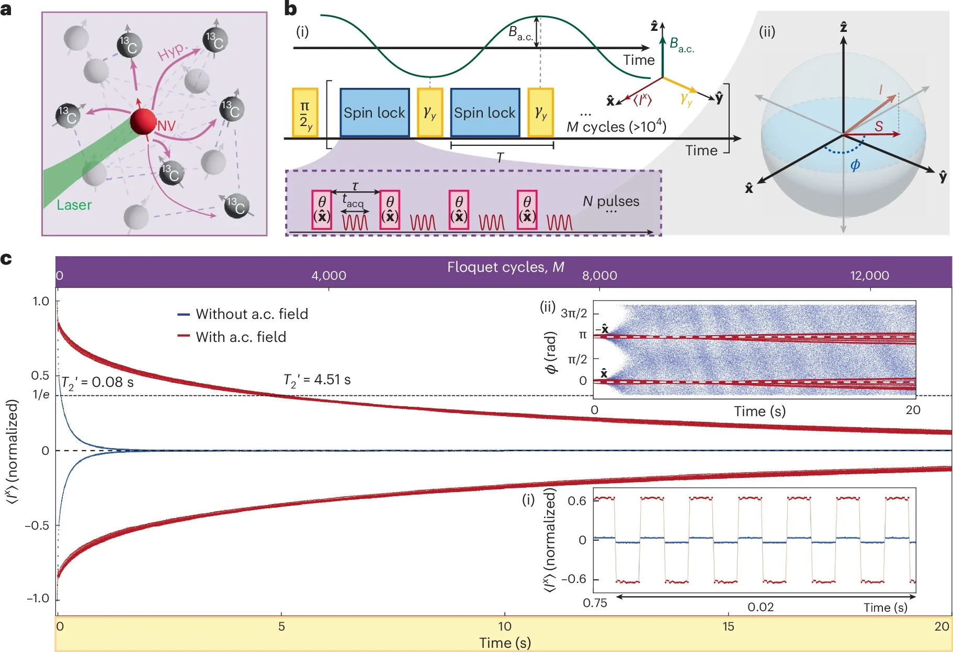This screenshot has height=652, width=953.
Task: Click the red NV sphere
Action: coord(143,121)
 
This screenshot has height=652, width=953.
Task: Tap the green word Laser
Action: coord(74,205)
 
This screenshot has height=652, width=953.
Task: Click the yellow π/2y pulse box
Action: coord(305,113)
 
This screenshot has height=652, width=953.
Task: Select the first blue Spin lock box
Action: coord(375,112)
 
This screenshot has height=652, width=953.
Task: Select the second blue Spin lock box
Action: coord(485,112)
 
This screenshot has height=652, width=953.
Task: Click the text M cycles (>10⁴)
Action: coord(616,127)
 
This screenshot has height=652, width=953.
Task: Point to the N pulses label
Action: coord(611,201)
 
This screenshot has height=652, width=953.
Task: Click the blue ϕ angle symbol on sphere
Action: coord(855,165)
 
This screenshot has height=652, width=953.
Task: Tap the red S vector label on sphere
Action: coord(879,126)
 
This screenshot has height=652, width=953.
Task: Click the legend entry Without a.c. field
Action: coord(252,314)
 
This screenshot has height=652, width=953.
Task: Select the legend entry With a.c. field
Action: coord(241,337)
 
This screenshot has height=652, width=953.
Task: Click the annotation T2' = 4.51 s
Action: coord(317,380)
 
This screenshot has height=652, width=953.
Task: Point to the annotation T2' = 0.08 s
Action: coord(97,383)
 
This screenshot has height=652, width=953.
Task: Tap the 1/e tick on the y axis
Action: coord(41,395)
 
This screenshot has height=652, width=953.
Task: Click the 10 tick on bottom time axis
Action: coord(505,626)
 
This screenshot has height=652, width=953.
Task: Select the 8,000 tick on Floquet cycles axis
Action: coord(599,276)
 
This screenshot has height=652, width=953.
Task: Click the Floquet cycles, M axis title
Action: coord(505,267)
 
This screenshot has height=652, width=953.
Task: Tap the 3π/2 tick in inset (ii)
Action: coord(574,313)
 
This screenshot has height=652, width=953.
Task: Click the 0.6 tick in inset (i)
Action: coord(576,501)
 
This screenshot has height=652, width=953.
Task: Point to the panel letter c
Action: coord(6,259)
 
